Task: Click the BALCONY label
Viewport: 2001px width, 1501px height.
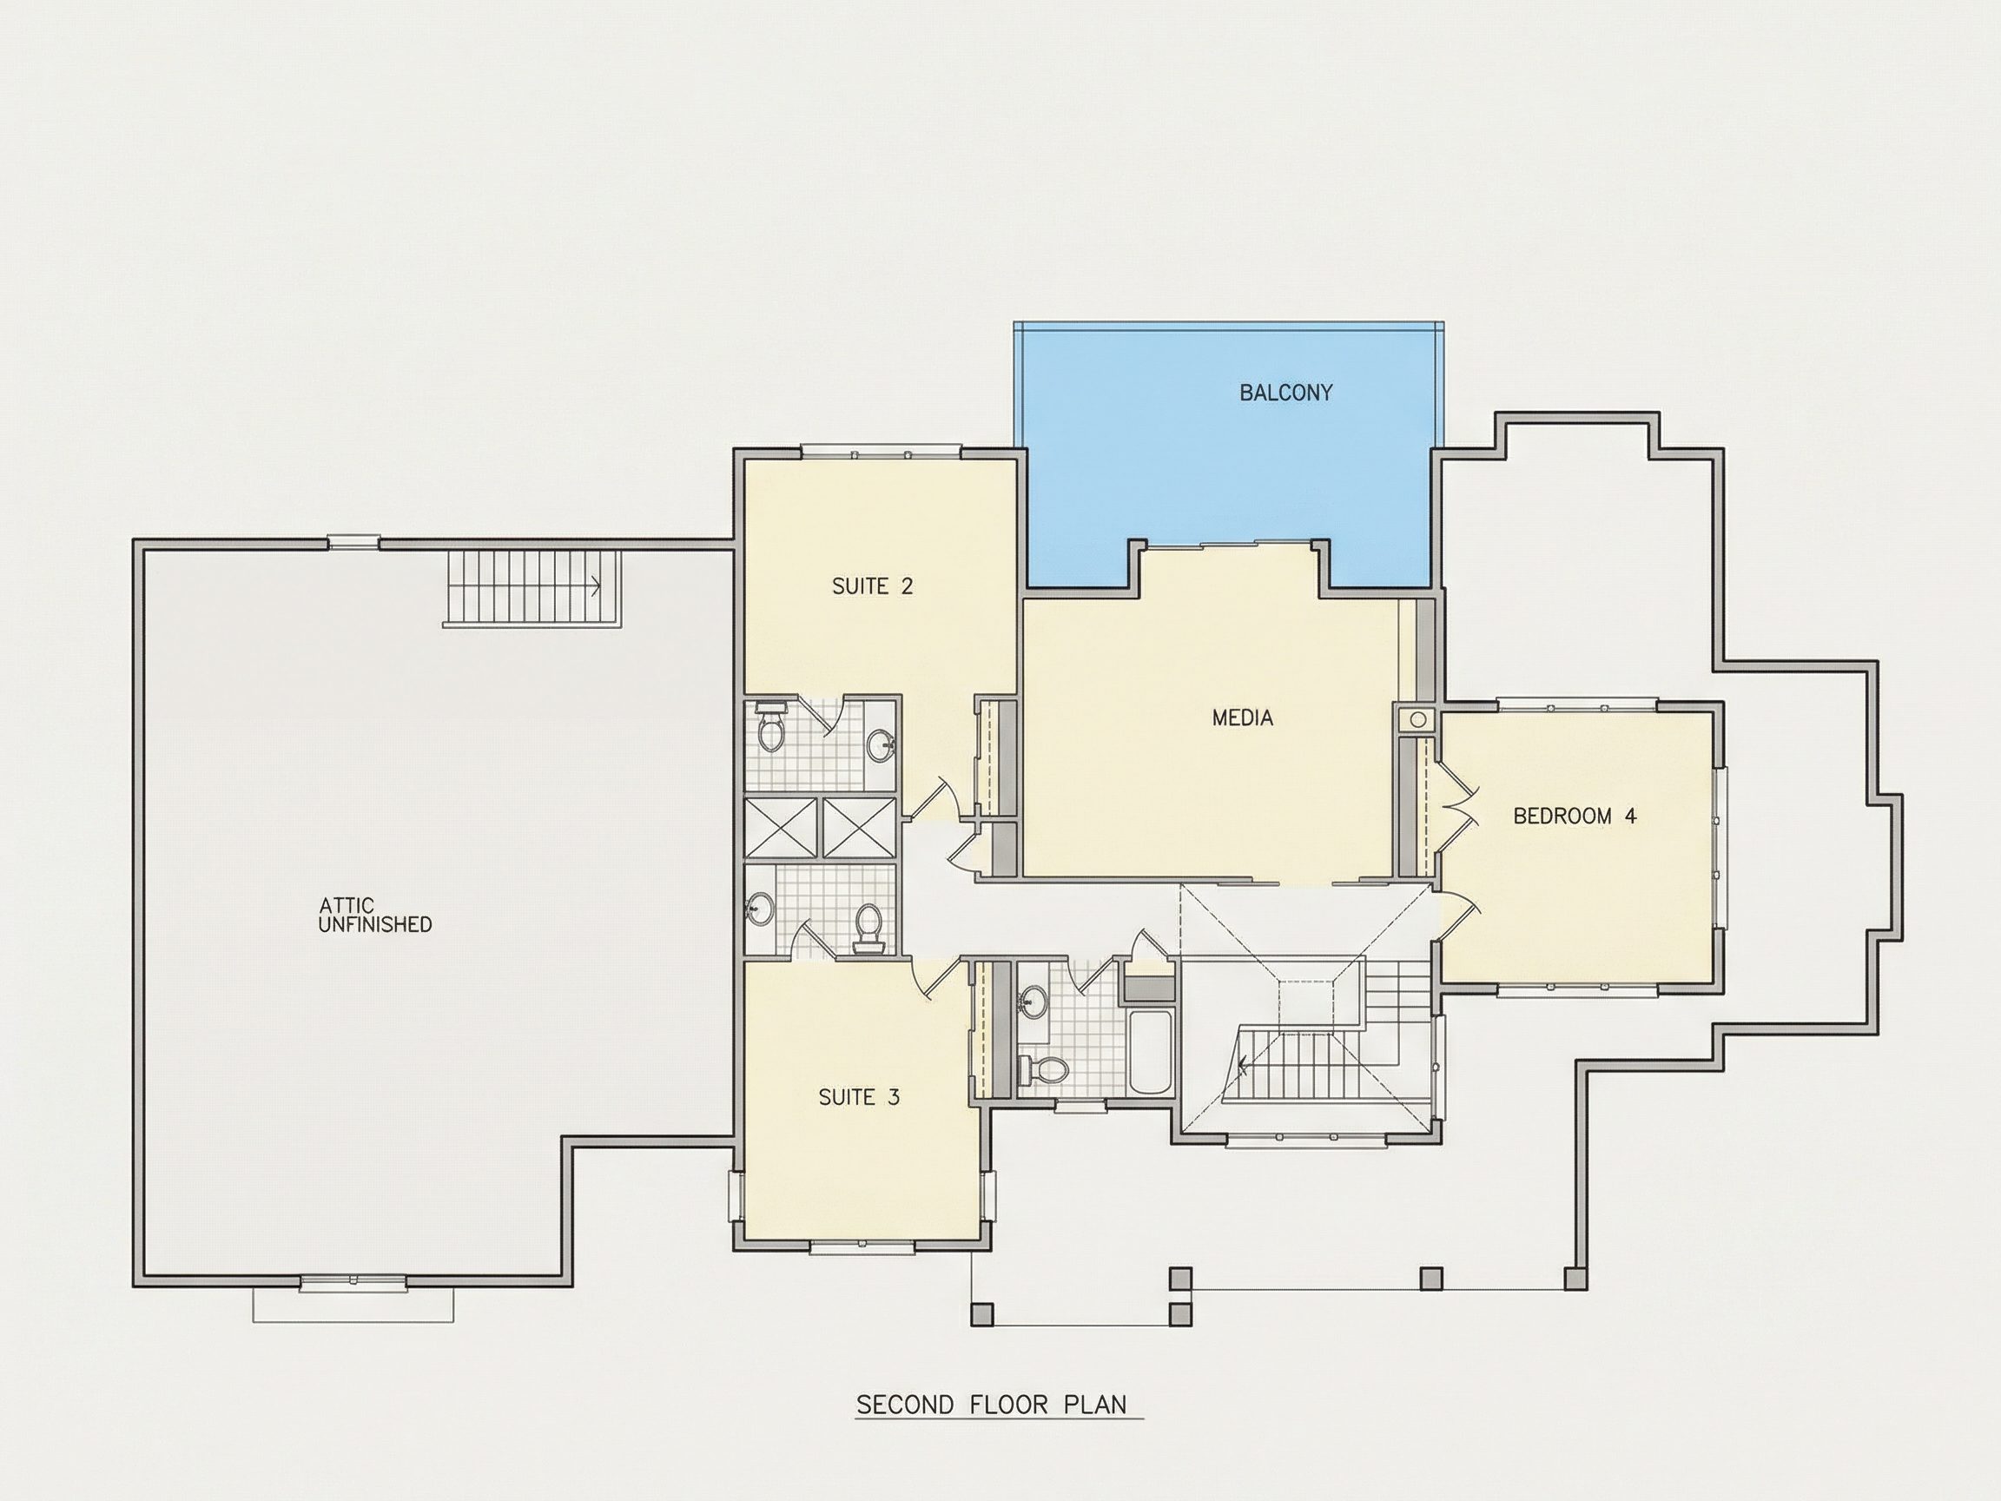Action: (x=1285, y=393)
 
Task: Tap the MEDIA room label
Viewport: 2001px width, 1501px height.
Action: (x=1242, y=717)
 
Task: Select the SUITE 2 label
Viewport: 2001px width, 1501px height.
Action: (x=872, y=586)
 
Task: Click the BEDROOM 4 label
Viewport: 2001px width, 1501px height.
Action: (x=1574, y=817)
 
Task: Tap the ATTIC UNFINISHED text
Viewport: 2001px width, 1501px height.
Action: (x=374, y=915)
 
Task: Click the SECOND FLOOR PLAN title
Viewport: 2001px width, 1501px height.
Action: (x=992, y=1405)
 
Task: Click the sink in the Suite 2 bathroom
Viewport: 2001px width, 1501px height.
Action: (x=882, y=746)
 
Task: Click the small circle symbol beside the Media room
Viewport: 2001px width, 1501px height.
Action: (x=1417, y=720)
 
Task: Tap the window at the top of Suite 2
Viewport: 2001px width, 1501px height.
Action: (x=880, y=452)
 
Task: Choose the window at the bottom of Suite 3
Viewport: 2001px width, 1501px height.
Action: (x=862, y=1247)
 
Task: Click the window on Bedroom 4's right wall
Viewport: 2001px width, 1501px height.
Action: (x=1721, y=848)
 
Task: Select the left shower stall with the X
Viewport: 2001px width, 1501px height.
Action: (x=781, y=827)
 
